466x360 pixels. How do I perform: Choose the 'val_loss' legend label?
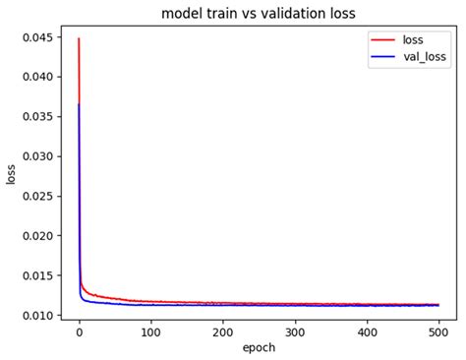point(423,59)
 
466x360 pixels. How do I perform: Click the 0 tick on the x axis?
point(80,332)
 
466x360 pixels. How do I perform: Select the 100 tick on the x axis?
point(151,332)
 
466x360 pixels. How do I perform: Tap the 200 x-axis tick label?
point(223,332)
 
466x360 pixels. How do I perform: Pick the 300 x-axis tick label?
point(295,332)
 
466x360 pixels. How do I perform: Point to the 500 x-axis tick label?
point(438,332)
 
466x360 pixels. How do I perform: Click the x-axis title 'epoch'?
point(259,348)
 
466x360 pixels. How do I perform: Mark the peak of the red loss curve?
point(79,38)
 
